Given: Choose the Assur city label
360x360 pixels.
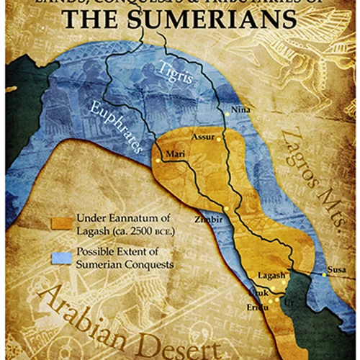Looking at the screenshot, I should point(204,135).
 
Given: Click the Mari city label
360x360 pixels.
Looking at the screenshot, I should point(175,154).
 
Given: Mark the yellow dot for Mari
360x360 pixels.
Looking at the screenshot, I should point(158,160).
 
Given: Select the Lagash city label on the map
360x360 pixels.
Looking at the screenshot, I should point(271,276).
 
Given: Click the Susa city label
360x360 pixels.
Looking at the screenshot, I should point(336,270).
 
